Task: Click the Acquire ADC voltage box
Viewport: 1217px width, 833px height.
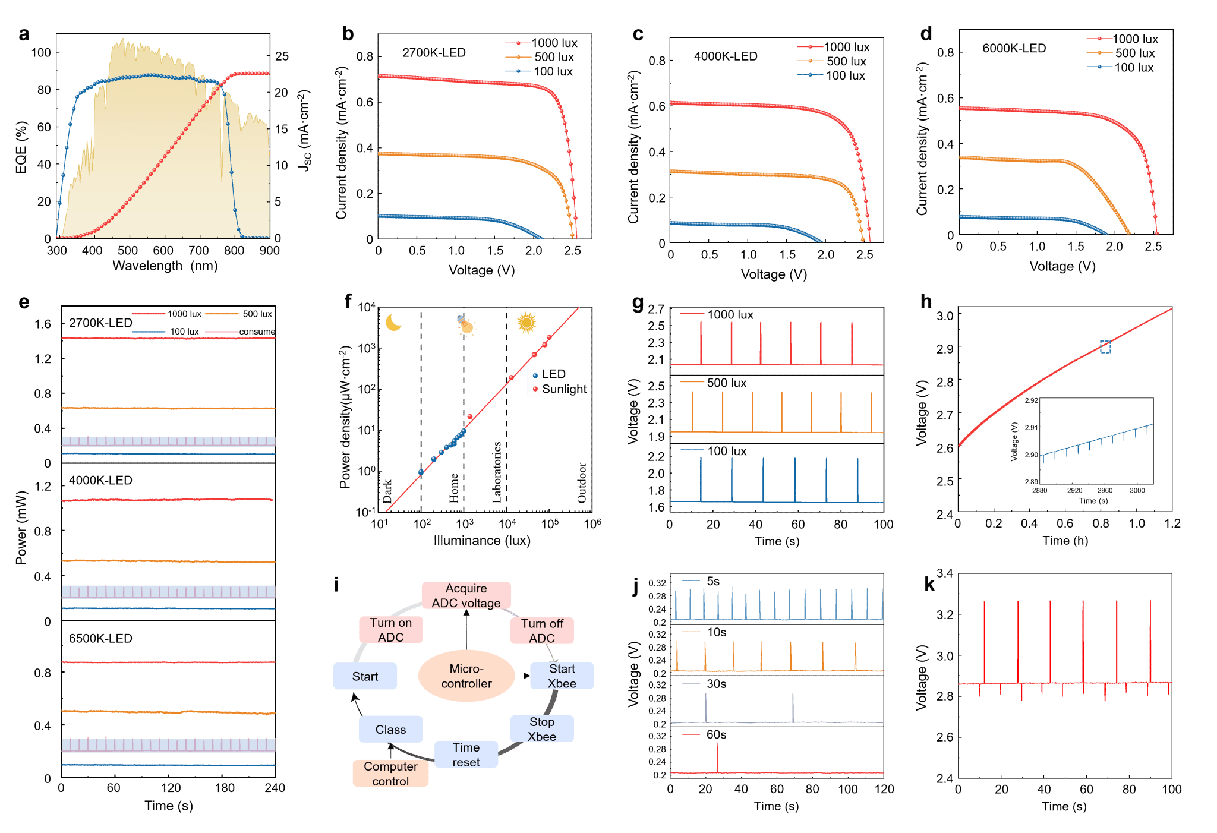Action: click(x=466, y=595)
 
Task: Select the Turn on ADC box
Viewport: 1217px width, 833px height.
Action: click(x=390, y=630)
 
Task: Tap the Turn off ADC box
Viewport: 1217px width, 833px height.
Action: click(x=542, y=630)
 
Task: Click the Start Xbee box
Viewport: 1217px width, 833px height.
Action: click(x=562, y=676)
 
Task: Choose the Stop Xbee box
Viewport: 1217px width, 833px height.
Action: click(x=542, y=729)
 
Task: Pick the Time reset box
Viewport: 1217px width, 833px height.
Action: click(x=466, y=755)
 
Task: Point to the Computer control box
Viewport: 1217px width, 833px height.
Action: click(x=390, y=774)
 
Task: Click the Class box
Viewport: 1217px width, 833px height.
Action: click(x=390, y=730)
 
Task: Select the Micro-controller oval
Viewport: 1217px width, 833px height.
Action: click(x=466, y=676)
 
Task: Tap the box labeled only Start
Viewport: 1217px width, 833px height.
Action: click(x=365, y=676)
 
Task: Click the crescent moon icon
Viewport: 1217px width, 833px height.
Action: click(x=393, y=323)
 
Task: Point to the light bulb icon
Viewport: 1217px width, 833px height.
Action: click(x=466, y=325)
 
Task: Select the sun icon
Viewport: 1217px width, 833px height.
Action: click(x=526, y=323)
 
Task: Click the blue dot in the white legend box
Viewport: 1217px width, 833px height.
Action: click(x=535, y=376)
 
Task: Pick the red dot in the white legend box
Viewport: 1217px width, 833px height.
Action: click(x=535, y=389)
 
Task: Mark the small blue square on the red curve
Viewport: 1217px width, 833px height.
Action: click(x=1105, y=347)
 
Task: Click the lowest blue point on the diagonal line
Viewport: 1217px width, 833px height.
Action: click(x=421, y=472)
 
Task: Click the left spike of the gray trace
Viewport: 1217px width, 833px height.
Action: click(x=706, y=707)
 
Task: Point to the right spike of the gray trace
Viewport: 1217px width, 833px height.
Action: click(x=793, y=707)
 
